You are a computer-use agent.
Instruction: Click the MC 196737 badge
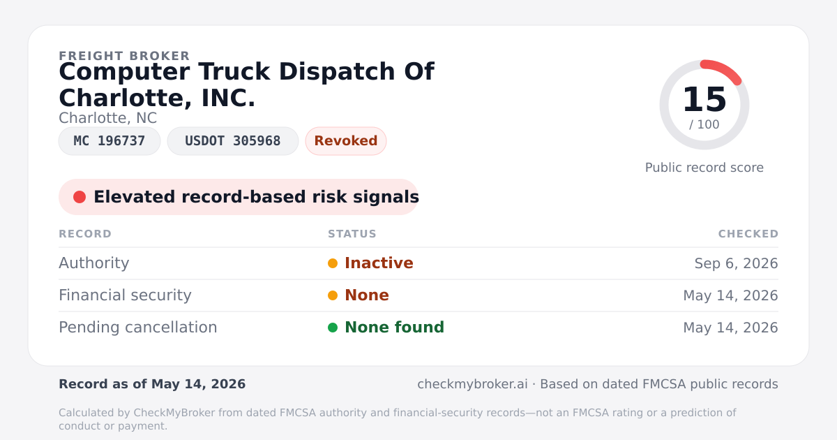[110, 141]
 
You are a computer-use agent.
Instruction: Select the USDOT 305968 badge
[233, 141]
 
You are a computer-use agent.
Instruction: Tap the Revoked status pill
[346, 141]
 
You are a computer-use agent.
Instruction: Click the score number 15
[704, 99]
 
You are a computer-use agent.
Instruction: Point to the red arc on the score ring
[725, 68]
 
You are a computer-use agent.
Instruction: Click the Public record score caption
[704, 168]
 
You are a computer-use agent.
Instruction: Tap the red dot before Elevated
[80, 197]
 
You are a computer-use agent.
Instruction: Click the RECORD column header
[85, 234]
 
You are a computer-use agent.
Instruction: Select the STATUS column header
[352, 234]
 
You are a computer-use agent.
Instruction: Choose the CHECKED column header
[748, 234]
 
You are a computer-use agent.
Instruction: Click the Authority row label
[93, 263]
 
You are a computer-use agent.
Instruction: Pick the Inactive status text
[379, 263]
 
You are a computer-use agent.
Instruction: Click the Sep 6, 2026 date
[736, 263]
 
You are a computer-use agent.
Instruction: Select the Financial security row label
[125, 295]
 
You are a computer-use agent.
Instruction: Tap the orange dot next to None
[333, 295]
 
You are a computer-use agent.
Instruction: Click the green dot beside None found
[333, 328]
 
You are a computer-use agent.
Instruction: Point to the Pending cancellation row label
[138, 328]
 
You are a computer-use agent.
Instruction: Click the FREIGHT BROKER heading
[124, 56]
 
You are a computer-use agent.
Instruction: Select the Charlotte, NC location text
[107, 118]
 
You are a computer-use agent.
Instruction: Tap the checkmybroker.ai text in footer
[472, 384]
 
